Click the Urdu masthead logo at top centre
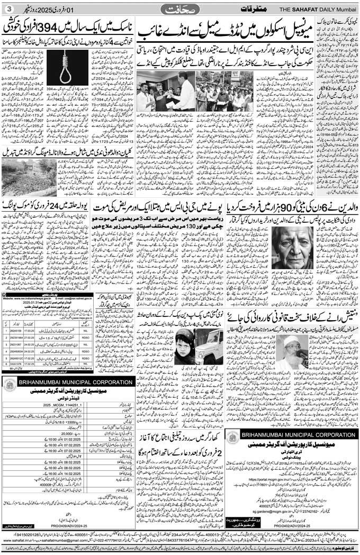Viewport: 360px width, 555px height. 179,9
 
